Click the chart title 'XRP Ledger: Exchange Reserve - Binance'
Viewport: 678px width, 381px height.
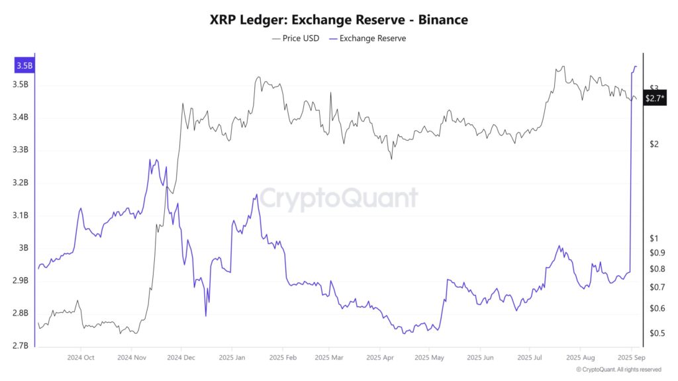pos(338,20)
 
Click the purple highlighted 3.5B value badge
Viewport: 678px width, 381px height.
pos(24,65)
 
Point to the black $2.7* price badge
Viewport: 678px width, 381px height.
pos(654,98)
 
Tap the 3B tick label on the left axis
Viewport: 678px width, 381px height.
pos(23,248)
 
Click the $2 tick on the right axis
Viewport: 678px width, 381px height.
pos(654,144)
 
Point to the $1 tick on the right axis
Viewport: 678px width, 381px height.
pos(654,238)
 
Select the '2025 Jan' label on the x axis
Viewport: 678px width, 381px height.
pos(230,358)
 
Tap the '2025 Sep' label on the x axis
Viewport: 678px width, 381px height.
pos(632,358)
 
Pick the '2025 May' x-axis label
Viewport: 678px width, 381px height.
pos(429,358)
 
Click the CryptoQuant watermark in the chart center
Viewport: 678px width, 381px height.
pos(338,198)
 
